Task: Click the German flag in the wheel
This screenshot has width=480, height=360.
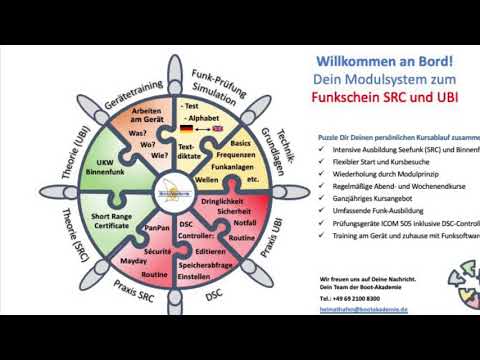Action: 186,129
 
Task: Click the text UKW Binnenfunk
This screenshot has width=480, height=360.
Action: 111,166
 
